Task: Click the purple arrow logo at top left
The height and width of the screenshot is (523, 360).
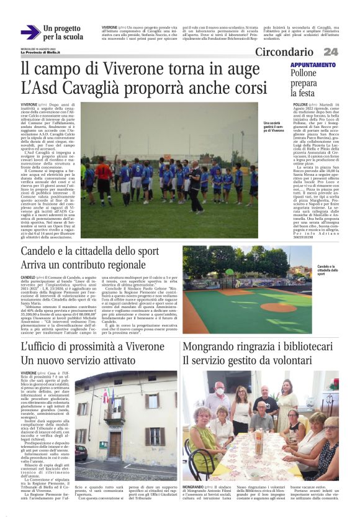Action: pos(30,32)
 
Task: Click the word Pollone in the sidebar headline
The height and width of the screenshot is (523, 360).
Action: pos(304,73)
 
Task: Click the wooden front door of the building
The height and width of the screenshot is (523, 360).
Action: pos(115,444)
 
